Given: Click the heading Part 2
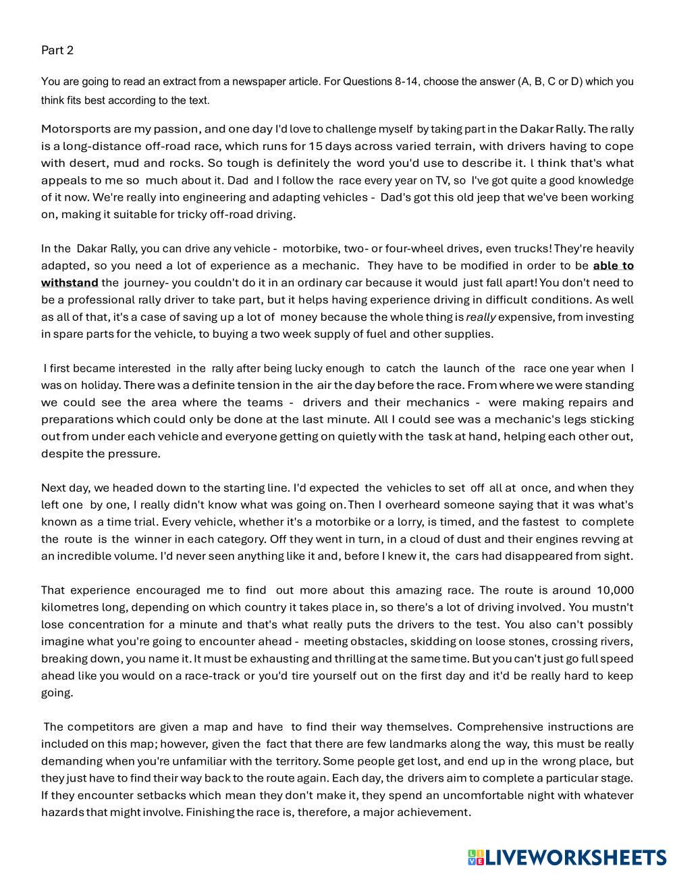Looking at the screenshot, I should click(57, 50).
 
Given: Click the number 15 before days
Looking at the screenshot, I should click(316, 146).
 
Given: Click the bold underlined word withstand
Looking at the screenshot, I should click(70, 282).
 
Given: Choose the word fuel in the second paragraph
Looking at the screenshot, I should click(393, 334).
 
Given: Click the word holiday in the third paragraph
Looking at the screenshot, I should click(101, 385).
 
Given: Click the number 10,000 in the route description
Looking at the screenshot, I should click(605, 590).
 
